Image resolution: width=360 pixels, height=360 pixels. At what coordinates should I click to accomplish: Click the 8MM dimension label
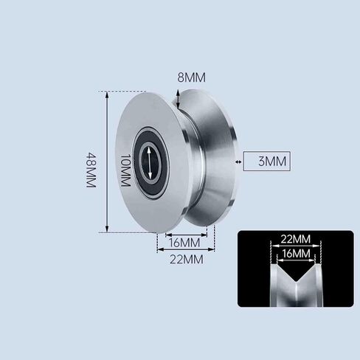tap(192, 77)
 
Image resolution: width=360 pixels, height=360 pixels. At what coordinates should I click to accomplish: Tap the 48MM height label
tap(91, 170)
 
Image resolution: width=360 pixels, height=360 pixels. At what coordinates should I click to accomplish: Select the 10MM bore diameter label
tap(125, 170)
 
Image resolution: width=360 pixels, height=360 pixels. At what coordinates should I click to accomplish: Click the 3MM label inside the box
tap(272, 162)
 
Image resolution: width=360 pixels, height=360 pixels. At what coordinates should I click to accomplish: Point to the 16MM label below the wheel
tap(184, 243)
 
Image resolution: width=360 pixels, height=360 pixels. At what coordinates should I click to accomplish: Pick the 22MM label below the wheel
tap(187, 260)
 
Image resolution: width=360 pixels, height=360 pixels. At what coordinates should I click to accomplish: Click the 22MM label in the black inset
tap(296, 239)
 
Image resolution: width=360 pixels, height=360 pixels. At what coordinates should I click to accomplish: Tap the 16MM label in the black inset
tap(297, 253)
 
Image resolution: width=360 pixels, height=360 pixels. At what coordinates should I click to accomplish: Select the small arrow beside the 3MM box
tap(238, 162)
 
